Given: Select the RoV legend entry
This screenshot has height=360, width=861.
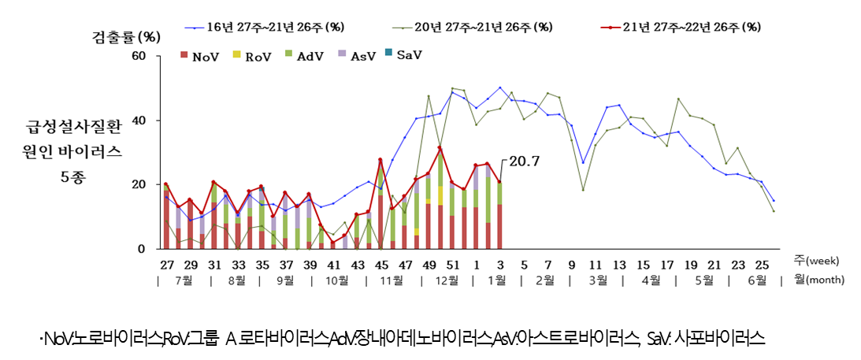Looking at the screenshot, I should pyautogui.click(x=252, y=56).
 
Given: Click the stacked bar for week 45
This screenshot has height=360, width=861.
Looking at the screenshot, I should pyautogui.click(x=380, y=206).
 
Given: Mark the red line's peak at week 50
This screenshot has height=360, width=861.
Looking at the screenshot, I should pyautogui.click(x=440, y=148).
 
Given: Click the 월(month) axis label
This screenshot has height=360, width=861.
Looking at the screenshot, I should pyautogui.click(x=818, y=280).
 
